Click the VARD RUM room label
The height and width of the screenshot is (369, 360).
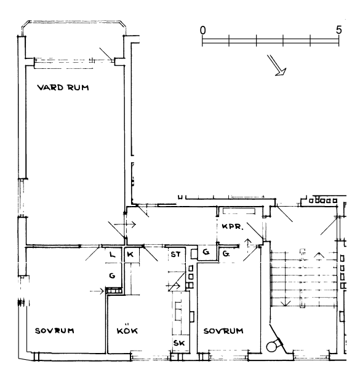pos(63,87)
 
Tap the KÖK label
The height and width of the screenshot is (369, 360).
pos(127,331)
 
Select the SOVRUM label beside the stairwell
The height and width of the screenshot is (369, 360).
pos(223,331)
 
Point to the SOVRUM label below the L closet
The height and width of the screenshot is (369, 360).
pos(55,331)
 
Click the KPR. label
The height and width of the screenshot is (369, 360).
pos(233,226)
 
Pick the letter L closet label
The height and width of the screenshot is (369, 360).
pos(113,255)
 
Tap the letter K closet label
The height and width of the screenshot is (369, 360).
pos(130,255)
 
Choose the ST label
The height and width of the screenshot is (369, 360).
pos(175,255)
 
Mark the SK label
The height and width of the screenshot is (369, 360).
pos(179,343)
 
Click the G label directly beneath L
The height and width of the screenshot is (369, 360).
pos(113,276)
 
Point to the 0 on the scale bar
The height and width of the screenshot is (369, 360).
pos(202,30)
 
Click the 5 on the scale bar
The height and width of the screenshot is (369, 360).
pos(338,30)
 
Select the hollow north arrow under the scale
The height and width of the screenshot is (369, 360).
pos(277,65)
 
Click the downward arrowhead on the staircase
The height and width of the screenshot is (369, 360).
pos(286,304)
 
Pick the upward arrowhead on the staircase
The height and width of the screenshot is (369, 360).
pos(319,255)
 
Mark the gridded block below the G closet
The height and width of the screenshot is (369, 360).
pos(114,291)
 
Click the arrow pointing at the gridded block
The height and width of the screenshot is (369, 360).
pos(97,292)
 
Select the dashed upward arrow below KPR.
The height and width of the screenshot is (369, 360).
pos(247,247)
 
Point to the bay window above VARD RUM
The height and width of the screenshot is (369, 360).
pos(74,22)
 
